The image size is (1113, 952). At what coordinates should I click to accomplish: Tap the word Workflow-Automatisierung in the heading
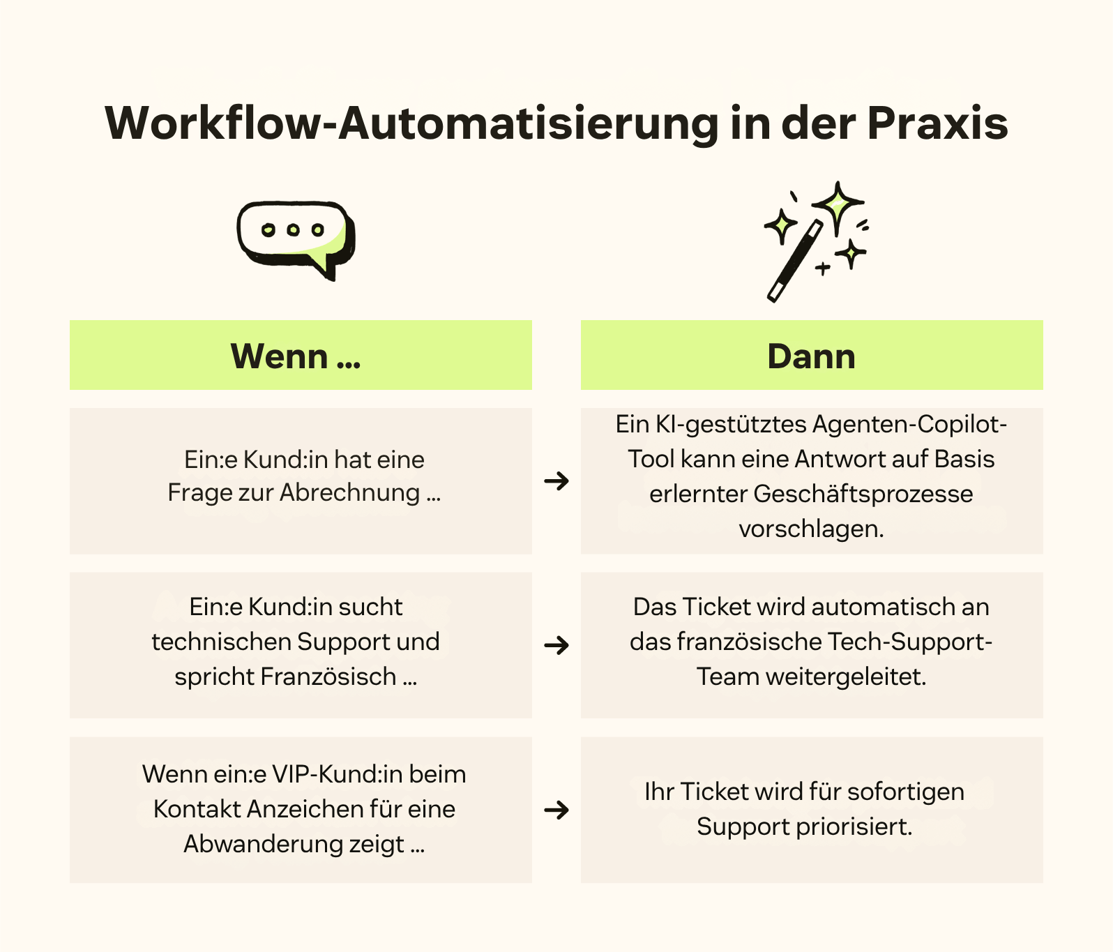(411, 124)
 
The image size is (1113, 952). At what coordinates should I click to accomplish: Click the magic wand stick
(794, 262)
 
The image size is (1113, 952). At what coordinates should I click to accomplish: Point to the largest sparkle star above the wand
(838, 204)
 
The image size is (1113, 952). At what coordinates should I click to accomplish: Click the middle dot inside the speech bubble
(293, 229)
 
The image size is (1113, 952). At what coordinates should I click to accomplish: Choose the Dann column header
(811, 356)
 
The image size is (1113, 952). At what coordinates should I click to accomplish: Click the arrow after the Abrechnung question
(556, 481)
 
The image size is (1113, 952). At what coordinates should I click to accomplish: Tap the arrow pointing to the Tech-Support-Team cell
(556, 645)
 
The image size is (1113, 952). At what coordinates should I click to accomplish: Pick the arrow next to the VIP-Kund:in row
(556, 810)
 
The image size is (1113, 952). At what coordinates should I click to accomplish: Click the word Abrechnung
(350, 492)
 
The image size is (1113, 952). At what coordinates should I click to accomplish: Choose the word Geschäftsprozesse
(863, 494)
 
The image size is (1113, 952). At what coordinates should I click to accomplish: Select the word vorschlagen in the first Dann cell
(810, 529)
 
